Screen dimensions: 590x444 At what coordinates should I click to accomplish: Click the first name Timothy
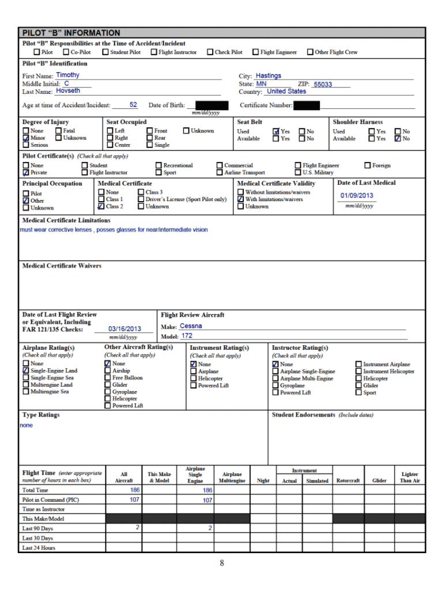[68, 75]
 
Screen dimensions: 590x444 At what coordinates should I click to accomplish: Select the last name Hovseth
[68, 91]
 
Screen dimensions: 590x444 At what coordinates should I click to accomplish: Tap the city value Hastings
[268, 76]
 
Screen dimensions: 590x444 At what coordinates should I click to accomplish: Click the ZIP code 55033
[323, 85]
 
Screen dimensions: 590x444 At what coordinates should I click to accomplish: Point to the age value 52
[133, 105]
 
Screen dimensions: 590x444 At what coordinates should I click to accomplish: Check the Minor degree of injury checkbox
[26, 138]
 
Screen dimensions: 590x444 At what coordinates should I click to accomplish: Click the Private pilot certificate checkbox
[26, 172]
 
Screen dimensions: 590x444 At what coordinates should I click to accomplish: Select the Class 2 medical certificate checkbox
[101, 206]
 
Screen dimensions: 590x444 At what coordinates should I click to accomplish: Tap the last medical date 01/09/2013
[357, 196]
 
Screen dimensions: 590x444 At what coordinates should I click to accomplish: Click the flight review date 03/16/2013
[125, 329]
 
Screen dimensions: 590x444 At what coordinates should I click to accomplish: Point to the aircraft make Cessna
[191, 327]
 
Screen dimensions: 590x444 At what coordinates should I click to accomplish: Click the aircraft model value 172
[187, 336]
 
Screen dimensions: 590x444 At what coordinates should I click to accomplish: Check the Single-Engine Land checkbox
[26, 371]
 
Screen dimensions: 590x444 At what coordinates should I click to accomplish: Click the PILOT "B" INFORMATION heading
[72, 33]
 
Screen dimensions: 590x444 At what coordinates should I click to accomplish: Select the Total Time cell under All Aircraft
[134, 490]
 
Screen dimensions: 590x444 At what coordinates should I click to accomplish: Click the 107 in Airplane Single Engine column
[207, 501]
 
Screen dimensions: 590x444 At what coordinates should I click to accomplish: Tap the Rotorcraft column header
[348, 481]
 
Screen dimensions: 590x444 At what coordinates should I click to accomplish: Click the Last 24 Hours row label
[39, 548]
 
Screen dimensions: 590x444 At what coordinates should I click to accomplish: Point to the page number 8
[221, 563]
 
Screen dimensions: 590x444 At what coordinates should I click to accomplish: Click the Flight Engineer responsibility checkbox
[255, 52]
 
